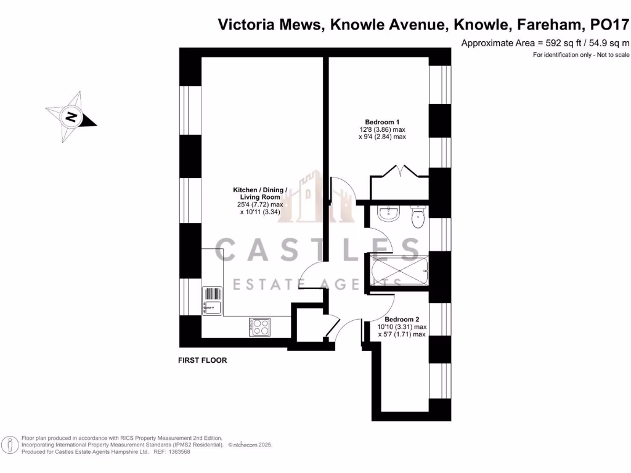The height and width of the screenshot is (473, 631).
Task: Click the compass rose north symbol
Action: click(71, 116)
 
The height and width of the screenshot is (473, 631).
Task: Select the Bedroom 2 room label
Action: click(402, 320)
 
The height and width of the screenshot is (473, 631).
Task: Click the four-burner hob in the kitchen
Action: click(259, 326)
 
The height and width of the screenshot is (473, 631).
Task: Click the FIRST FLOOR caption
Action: click(202, 360)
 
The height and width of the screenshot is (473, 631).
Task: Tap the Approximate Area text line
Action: click(545, 43)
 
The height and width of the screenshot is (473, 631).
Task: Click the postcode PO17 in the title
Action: click(610, 25)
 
